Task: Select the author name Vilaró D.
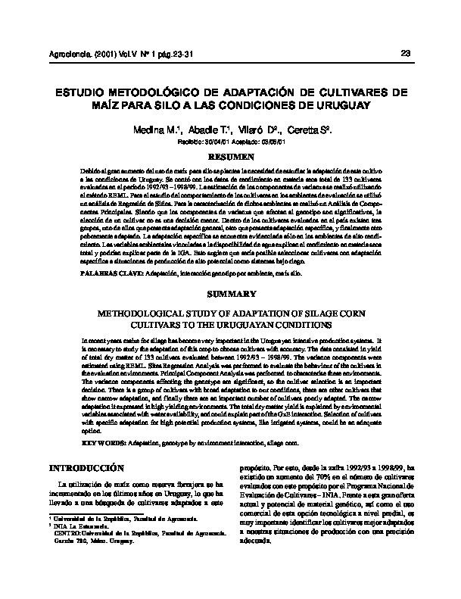click(261, 130)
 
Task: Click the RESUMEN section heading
click(229, 156)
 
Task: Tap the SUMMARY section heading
click(229, 293)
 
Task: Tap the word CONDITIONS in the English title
click(301, 324)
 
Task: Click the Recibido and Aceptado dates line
click(229, 141)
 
